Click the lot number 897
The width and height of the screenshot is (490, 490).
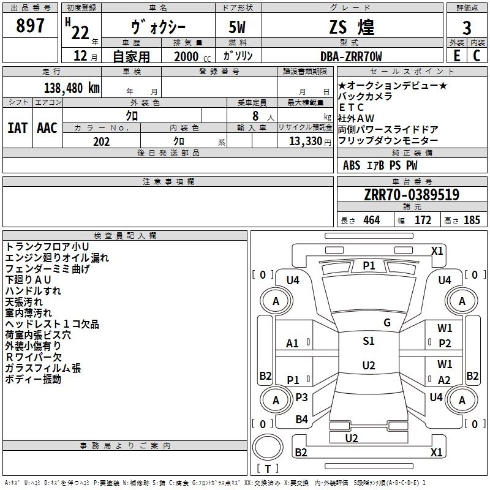pos(31,26)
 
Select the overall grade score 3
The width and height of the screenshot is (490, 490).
pos(467,28)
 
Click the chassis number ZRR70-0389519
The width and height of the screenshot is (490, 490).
pos(411,195)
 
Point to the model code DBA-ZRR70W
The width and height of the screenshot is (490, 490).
pos(351,56)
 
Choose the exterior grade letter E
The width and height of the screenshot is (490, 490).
pos(456,56)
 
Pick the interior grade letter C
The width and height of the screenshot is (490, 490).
pos(477,56)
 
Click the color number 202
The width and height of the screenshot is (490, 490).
pos(101,141)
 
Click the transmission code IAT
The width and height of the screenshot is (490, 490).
pos(18,127)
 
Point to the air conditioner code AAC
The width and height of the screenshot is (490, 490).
pos(47,127)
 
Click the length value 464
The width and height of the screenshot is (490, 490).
pos(371,221)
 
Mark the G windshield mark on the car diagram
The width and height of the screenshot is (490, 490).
pos(387,323)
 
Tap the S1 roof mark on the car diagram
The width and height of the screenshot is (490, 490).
pos(368,341)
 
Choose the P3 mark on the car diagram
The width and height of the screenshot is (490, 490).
pos(301,398)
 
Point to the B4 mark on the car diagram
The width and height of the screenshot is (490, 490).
pos(301,420)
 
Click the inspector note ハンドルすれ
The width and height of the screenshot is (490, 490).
pos(33,291)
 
